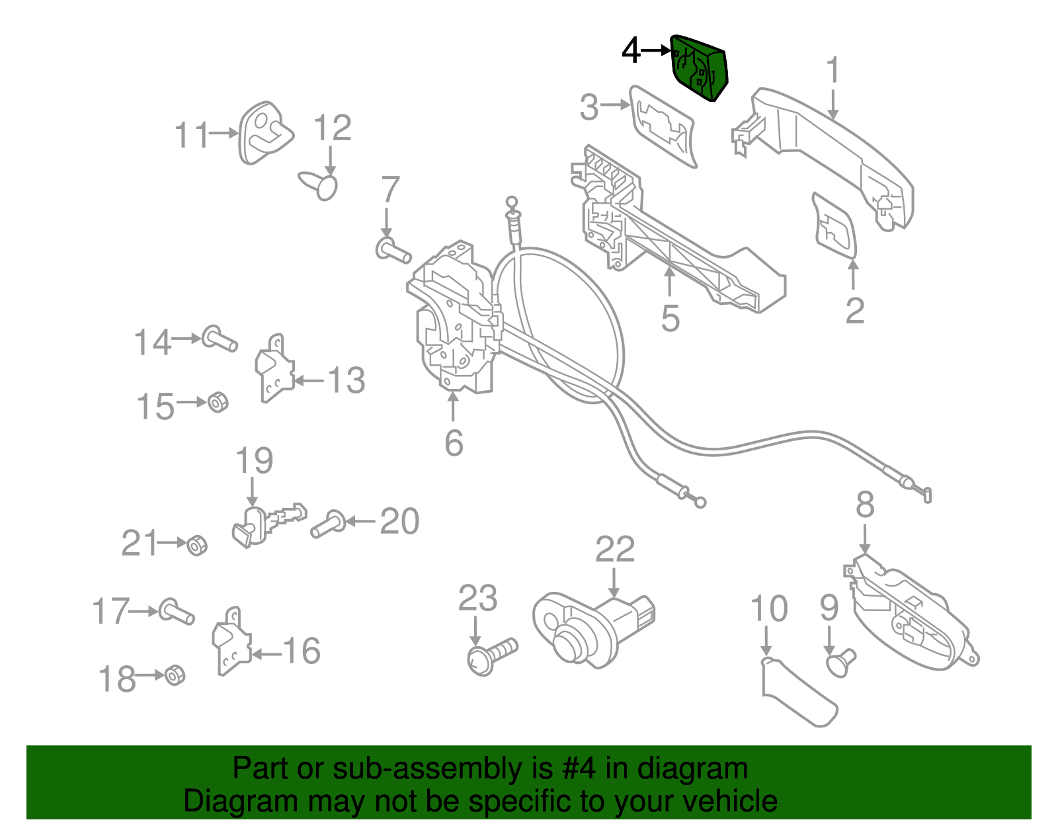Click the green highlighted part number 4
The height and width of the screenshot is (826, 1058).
(x=700, y=67)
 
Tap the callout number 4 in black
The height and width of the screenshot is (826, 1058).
(x=631, y=50)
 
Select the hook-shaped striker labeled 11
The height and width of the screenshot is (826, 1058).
(x=264, y=133)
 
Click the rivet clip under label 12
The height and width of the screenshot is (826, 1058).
(x=322, y=184)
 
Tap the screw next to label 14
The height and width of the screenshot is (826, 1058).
(x=219, y=339)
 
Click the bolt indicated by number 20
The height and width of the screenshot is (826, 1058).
(x=327, y=524)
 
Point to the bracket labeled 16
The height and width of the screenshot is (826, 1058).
(x=230, y=641)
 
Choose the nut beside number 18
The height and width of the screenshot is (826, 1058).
(x=175, y=675)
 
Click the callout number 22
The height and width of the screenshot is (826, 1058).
(x=615, y=549)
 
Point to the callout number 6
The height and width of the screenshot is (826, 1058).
(x=454, y=442)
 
